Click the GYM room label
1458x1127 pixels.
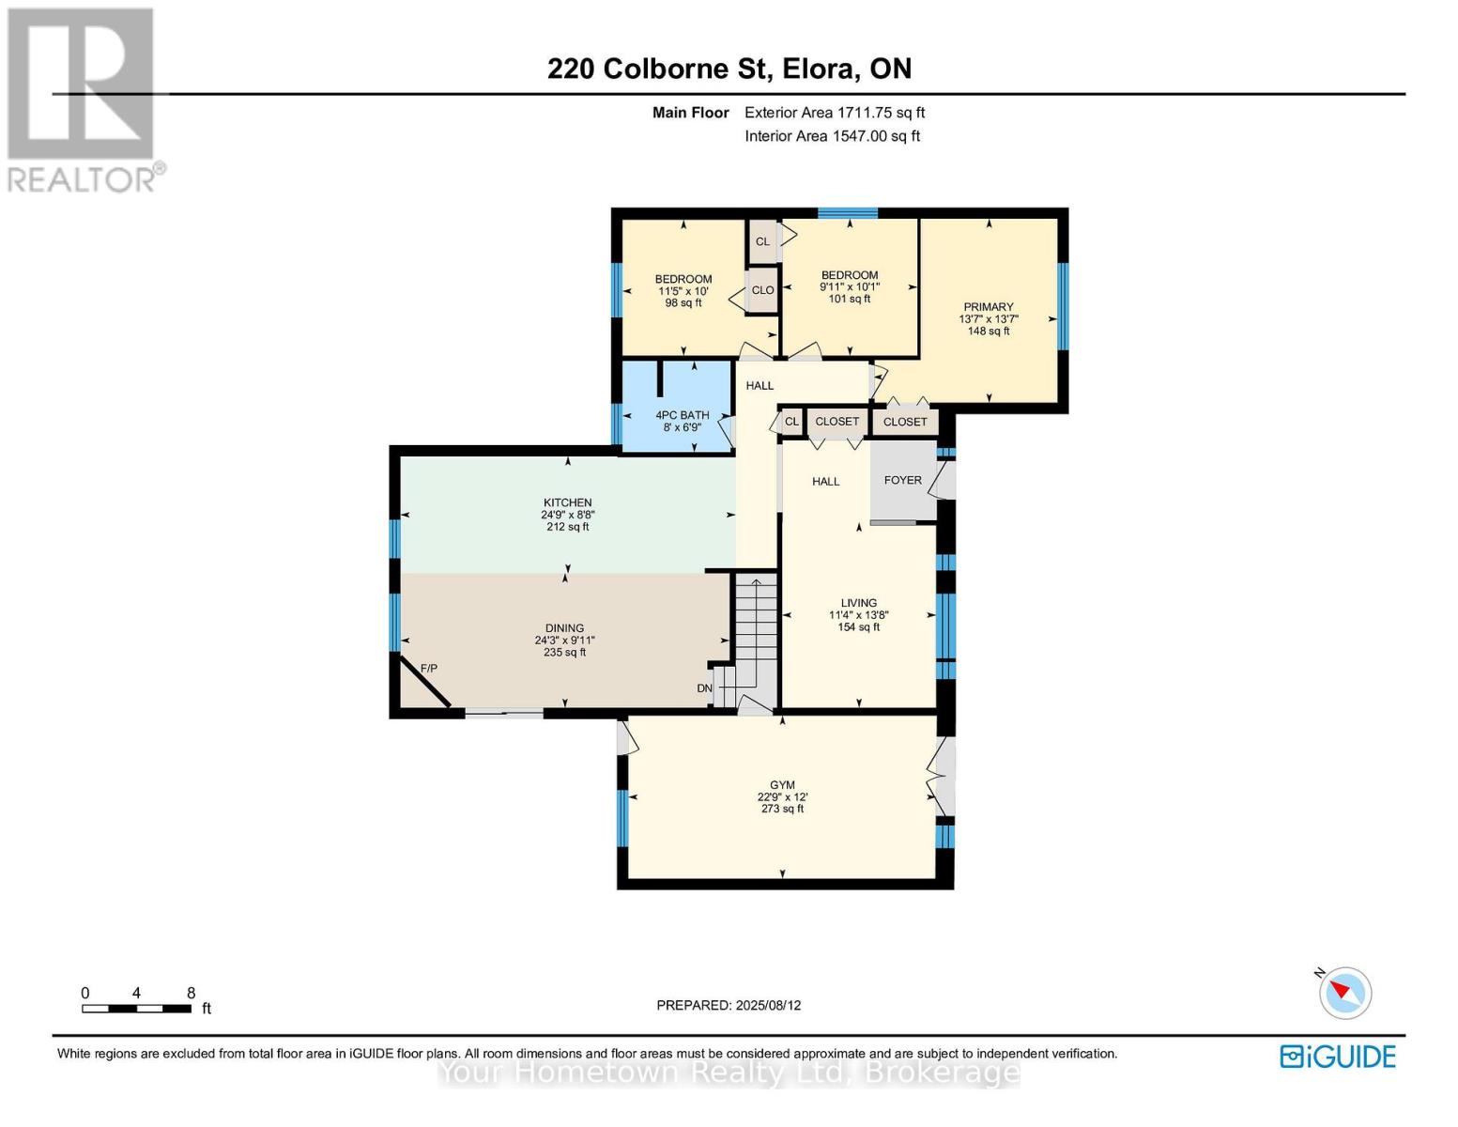(782, 785)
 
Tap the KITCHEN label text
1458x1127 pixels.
(567, 502)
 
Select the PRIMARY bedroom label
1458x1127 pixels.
(988, 307)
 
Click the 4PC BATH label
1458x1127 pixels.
(682, 415)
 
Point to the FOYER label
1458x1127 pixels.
(902, 480)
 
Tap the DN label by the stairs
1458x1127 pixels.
(704, 688)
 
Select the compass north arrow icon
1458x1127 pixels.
(1344, 993)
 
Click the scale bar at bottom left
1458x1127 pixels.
(137, 1009)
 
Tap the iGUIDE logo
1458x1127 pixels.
(1338, 1057)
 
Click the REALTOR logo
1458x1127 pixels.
(82, 100)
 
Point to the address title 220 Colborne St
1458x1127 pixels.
(729, 69)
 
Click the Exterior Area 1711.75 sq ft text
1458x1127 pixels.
(835, 113)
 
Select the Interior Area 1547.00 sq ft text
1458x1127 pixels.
(832, 136)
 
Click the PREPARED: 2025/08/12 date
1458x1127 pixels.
(729, 1005)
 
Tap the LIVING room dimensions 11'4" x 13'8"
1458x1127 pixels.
(858, 615)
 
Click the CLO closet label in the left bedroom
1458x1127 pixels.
(762, 290)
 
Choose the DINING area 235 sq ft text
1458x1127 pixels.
(564, 652)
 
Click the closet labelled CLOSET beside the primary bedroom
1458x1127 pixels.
(904, 422)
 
